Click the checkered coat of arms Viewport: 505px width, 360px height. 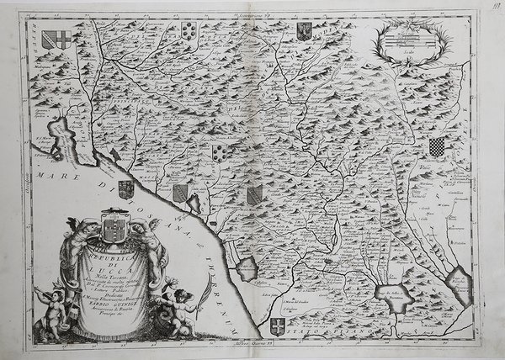[x=436, y=148]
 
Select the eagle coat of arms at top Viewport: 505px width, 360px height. [x=304, y=32]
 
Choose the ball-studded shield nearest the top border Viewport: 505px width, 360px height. [x=189, y=31]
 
